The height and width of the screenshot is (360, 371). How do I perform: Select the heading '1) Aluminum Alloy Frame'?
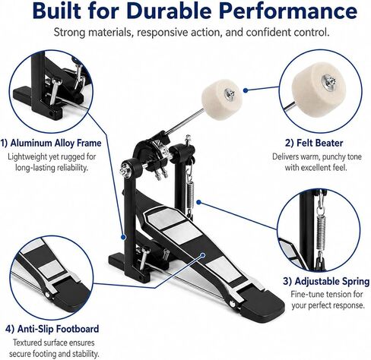click(51, 143)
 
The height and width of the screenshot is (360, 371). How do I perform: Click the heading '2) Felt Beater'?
click(314, 143)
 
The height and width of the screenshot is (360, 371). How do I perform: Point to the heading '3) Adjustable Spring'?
click(326, 281)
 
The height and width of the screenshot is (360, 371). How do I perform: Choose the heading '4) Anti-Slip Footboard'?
click(52, 329)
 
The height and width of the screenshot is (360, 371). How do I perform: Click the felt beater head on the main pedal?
click(221, 99)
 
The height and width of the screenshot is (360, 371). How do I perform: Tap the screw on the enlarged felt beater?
click(329, 82)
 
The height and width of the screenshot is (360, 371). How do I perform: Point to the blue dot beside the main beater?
click(245, 90)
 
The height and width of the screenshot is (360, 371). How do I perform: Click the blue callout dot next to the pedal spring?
click(199, 202)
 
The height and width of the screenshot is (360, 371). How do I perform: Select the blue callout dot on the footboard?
click(202, 254)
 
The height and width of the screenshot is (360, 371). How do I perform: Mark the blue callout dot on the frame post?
click(123, 237)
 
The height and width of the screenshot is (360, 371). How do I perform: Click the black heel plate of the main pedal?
click(262, 302)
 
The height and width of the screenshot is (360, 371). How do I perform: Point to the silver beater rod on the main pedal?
click(185, 121)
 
